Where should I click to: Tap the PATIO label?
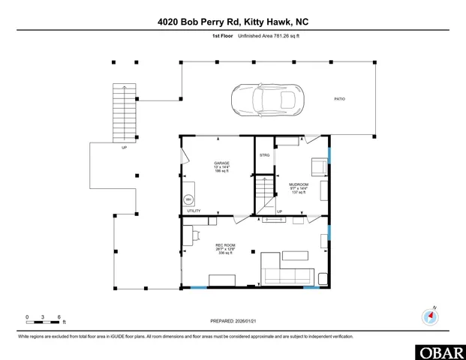tap(340, 99)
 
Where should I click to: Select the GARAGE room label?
tap(221, 163)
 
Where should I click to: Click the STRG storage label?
tap(264, 154)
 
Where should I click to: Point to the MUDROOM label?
tap(300, 184)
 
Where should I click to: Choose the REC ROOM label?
tap(225, 244)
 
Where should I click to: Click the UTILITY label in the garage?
tap(194, 212)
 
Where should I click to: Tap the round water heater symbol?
tap(189, 199)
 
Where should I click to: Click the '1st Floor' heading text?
tap(223, 36)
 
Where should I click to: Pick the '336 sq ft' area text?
tap(225, 253)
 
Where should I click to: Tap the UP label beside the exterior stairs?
tap(124, 148)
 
